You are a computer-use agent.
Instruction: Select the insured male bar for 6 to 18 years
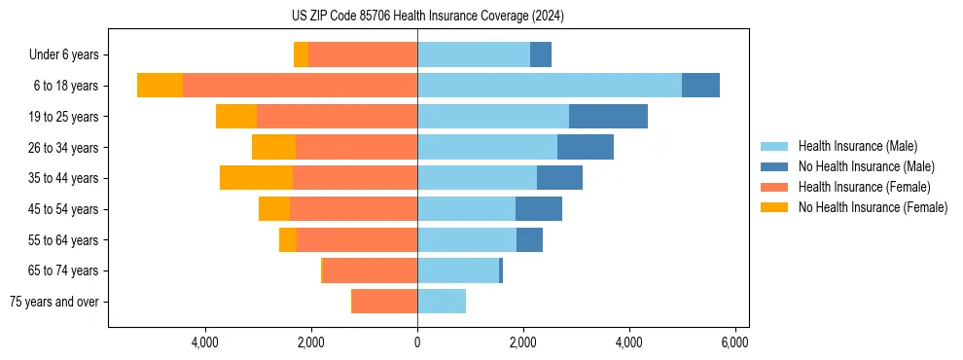pos(549,86)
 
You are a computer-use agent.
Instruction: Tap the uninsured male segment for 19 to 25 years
pos(608,117)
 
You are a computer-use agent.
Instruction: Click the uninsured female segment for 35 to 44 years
pos(256,178)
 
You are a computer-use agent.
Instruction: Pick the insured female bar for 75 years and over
pos(384,302)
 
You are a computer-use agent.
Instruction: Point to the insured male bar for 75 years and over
pos(442,302)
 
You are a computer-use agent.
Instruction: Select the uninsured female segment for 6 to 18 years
pos(160,86)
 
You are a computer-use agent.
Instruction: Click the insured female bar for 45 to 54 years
pos(353,209)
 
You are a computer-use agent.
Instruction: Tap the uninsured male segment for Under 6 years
pos(541,54)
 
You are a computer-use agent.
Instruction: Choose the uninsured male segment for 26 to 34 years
pos(586,147)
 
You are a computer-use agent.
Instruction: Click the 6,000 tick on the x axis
pos(734,342)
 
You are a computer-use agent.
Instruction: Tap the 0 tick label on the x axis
pos(417,342)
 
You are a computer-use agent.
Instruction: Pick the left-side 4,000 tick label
pos(205,342)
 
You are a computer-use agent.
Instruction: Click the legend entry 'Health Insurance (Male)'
pos(857,146)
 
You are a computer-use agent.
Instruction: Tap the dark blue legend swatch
pos(775,166)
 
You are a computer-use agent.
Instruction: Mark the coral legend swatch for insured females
pos(775,187)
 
